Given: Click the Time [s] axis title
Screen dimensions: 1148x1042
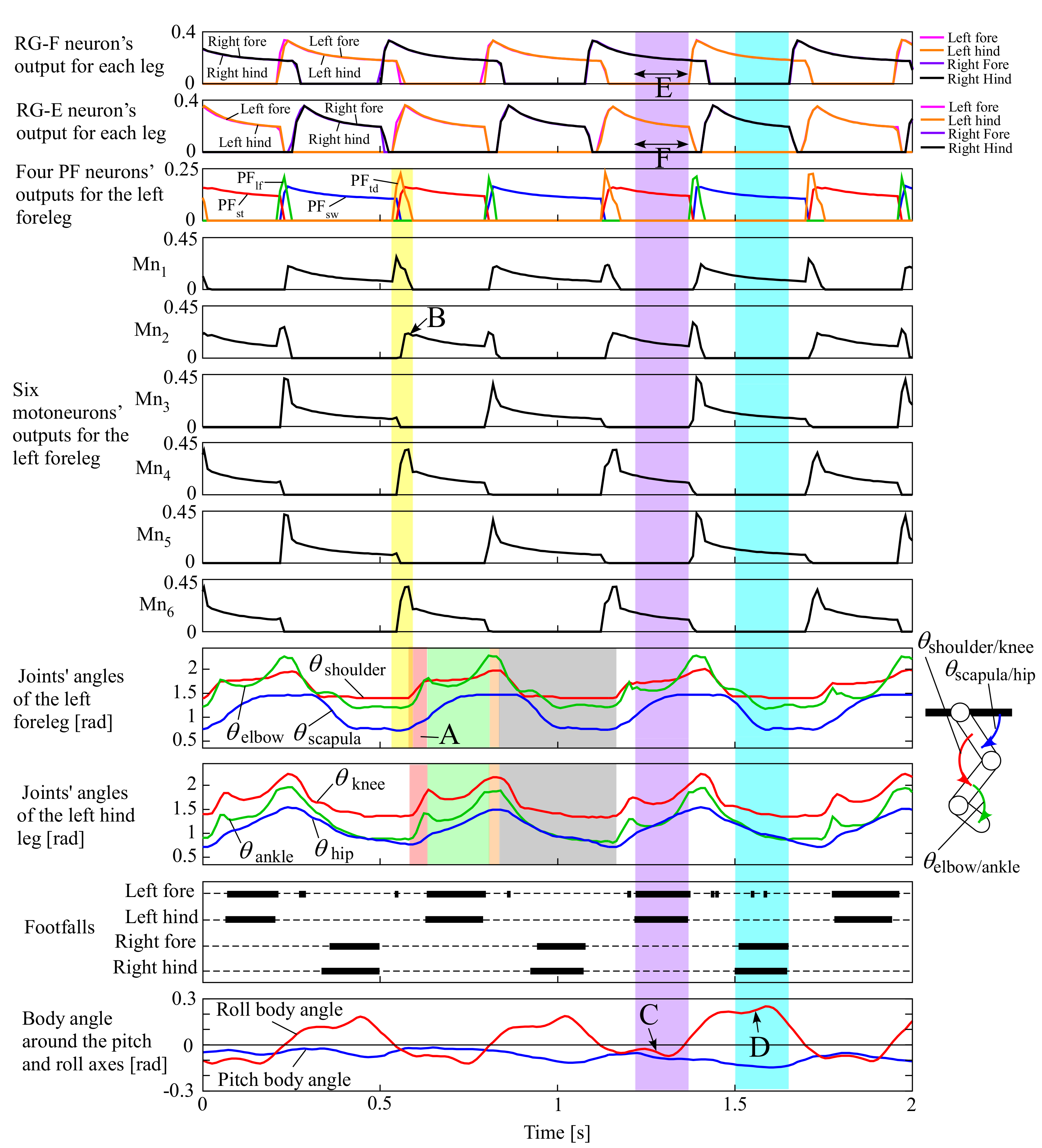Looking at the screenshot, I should tap(557, 1132).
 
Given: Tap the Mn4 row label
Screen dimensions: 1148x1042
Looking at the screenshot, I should tap(152, 469).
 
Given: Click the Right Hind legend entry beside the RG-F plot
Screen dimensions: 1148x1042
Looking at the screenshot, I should tap(979, 79).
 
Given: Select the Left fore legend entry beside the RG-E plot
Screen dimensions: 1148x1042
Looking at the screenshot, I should tap(973, 107).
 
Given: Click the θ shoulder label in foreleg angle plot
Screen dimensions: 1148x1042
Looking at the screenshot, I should tap(347, 666).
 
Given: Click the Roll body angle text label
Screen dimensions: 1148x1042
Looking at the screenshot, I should tap(279, 1009).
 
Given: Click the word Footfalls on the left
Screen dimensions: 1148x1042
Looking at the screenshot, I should tap(59, 927).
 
